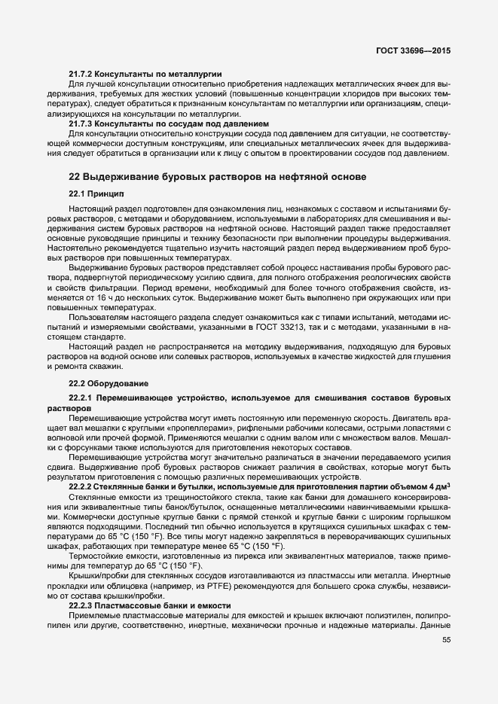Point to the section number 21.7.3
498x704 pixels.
point(81,123)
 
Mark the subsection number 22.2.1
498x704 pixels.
point(81,397)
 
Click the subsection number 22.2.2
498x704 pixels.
point(81,486)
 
